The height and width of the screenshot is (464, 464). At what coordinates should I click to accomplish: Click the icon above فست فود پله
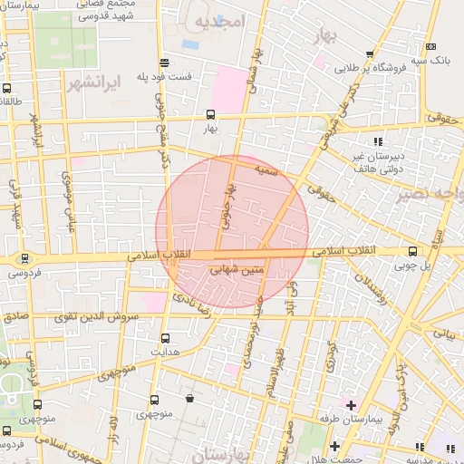163,63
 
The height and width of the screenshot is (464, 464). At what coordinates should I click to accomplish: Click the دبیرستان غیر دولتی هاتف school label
377,162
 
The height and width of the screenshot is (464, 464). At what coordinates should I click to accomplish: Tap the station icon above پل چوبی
413,251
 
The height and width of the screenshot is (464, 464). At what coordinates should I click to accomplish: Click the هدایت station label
165,351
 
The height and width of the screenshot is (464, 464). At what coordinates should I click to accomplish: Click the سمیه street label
265,169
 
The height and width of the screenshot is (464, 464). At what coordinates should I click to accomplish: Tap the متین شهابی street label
237,269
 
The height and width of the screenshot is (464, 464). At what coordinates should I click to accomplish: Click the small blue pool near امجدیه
190,43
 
